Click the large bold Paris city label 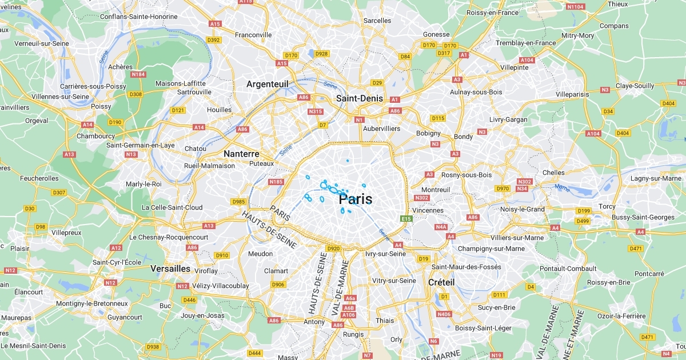point(356,199)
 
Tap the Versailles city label point(170,268)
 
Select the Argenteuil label point(267,84)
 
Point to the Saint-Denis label point(359,98)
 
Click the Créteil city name point(441,282)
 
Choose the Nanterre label point(241,154)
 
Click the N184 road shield point(138,74)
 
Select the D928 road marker point(322,54)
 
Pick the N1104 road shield point(575,7)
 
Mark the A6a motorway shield point(350,298)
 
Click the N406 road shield point(444,314)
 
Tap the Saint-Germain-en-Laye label point(141,145)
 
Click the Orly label point(396,339)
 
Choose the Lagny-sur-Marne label point(655,178)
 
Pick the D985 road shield point(238,202)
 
